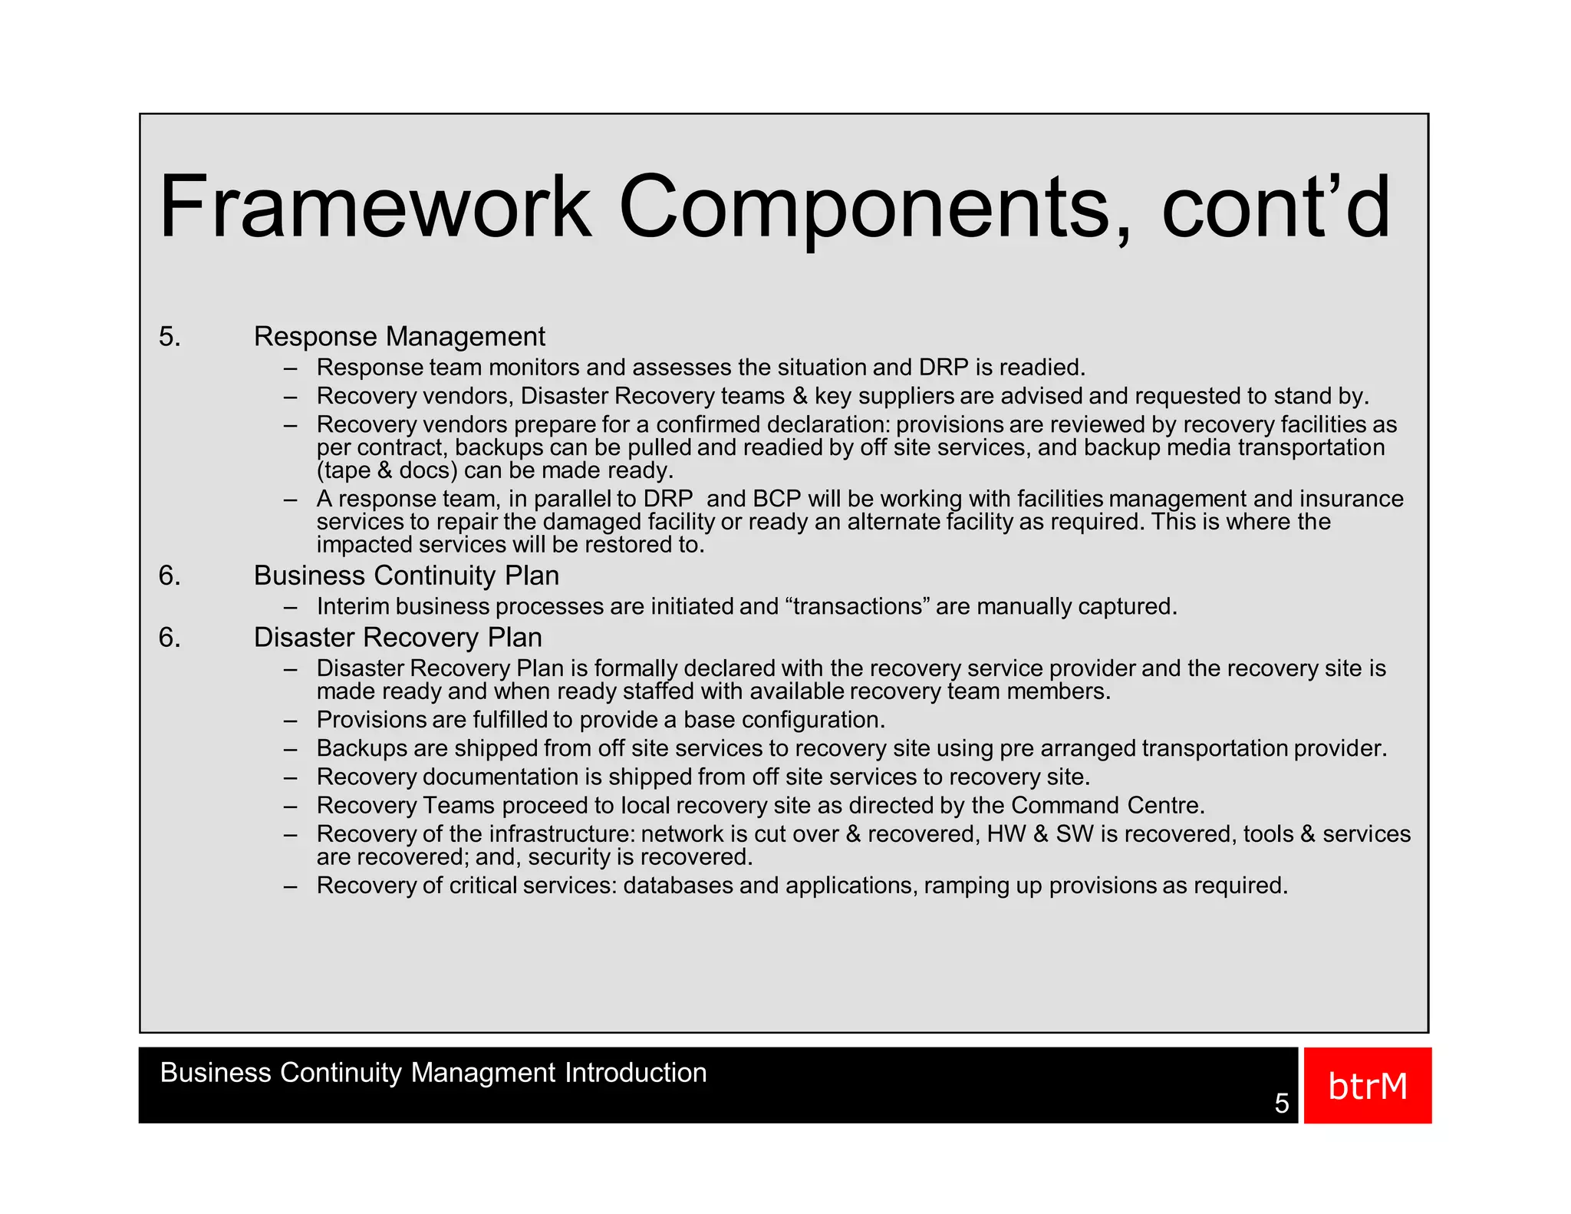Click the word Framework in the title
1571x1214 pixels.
tap(374, 207)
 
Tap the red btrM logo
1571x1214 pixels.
tap(1367, 1085)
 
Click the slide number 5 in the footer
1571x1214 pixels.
tap(1282, 1103)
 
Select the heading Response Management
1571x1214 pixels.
tap(399, 337)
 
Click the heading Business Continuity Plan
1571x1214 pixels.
tap(406, 576)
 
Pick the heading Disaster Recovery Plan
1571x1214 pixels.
tap(397, 638)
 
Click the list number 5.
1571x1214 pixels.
tap(170, 337)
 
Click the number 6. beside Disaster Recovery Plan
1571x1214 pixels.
tap(170, 638)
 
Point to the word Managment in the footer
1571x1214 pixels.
tap(482, 1072)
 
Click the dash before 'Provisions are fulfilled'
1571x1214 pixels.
tap(290, 721)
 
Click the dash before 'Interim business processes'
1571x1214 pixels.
tap(290, 607)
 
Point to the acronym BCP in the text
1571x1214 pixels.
tap(776, 499)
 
